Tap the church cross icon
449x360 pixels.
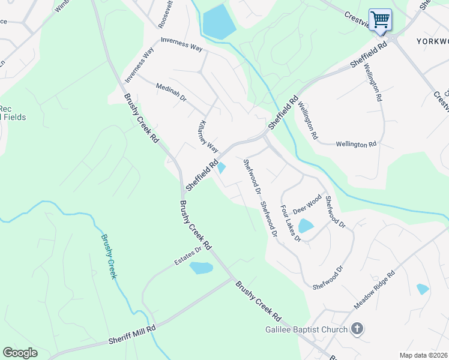pyautogui.click(x=357, y=328)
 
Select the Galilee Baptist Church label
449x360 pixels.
pyautogui.click(x=307, y=329)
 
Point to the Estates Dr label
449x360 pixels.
pyautogui.click(x=188, y=256)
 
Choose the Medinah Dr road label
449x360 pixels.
pyautogui.click(x=171, y=91)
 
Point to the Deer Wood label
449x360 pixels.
pyautogui.click(x=307, y=204)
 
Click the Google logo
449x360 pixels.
pyautogui.click(x=20, y=353)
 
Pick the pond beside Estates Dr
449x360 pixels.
pyautogui.click(x=201, y=268)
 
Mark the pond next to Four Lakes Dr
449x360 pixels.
pyautogui.click(x=306, y=226)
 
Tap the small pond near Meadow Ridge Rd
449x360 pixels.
pyautogui.click(x=423, y=289)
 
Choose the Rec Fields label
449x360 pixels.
pyautogui.click(x=12, y=113)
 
